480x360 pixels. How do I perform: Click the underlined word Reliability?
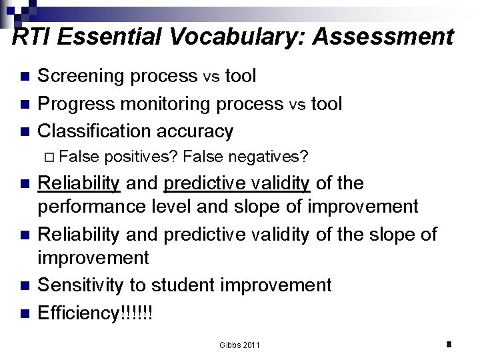coord(79,183)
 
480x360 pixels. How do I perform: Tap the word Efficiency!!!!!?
coord(95,312)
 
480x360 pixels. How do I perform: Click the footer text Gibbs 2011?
coord(239,345)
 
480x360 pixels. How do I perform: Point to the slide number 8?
coord(449,344)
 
